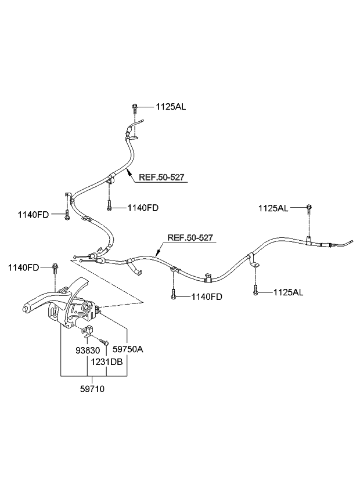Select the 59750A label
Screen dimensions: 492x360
[x=128, y=350]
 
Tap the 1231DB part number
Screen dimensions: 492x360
[x=107, y=362]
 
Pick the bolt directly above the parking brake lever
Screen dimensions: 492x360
[x=54, y=268]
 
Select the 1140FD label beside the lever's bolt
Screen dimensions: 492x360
[x=23, y=267]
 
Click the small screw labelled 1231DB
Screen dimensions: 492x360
[x=105, y=341]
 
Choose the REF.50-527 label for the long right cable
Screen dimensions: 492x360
[x=190, y=237]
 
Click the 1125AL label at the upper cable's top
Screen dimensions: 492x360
[x=171, y=107]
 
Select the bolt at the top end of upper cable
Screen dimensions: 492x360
[x=135, y=106]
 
